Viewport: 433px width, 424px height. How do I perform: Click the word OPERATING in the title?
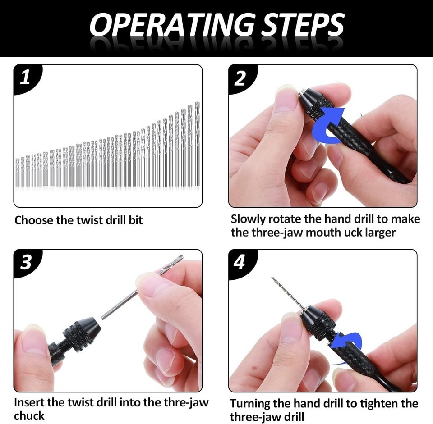(x=171, y=25)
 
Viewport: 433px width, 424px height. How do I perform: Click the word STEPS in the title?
(x=302, y=25)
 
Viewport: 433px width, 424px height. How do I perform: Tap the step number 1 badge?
(x=26, y=78)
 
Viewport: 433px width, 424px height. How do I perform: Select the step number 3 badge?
(x=26, y=262)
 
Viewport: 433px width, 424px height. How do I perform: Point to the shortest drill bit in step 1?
(x=18, y=173)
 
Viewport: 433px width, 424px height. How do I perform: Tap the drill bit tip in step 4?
(x=272, y=278)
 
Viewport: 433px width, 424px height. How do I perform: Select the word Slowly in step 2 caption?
(x=248, y=219)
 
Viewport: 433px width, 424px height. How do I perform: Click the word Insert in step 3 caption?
(x=29, y=402)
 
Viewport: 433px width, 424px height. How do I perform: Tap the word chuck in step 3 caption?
(x=29, y=416)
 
